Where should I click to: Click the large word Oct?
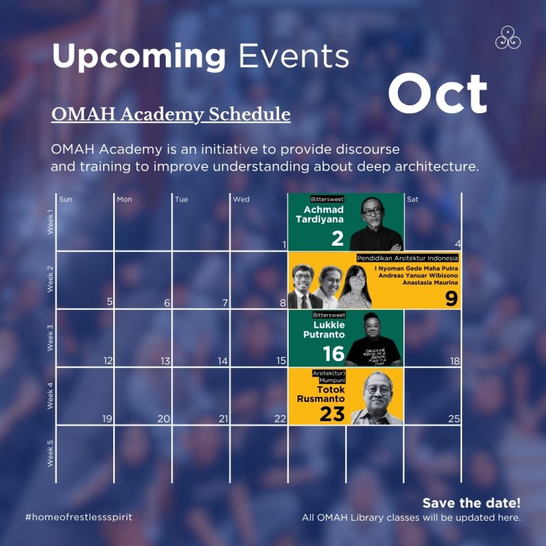(438, 94)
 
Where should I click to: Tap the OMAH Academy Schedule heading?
(171, 113)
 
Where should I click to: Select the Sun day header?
(66, 199)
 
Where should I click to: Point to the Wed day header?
(241, 199)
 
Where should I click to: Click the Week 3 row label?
(50, 338)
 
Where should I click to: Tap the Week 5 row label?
(50, 454)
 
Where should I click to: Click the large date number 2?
(336, 238)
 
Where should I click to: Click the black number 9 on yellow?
(451, 298)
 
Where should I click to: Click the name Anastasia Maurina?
(429, 282)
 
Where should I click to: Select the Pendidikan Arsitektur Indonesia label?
(407, 259)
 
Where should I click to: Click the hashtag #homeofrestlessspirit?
(78, 517)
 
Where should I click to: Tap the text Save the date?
(471, 503)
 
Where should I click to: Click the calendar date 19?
(106, 418)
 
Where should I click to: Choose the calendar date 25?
(454, 418)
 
